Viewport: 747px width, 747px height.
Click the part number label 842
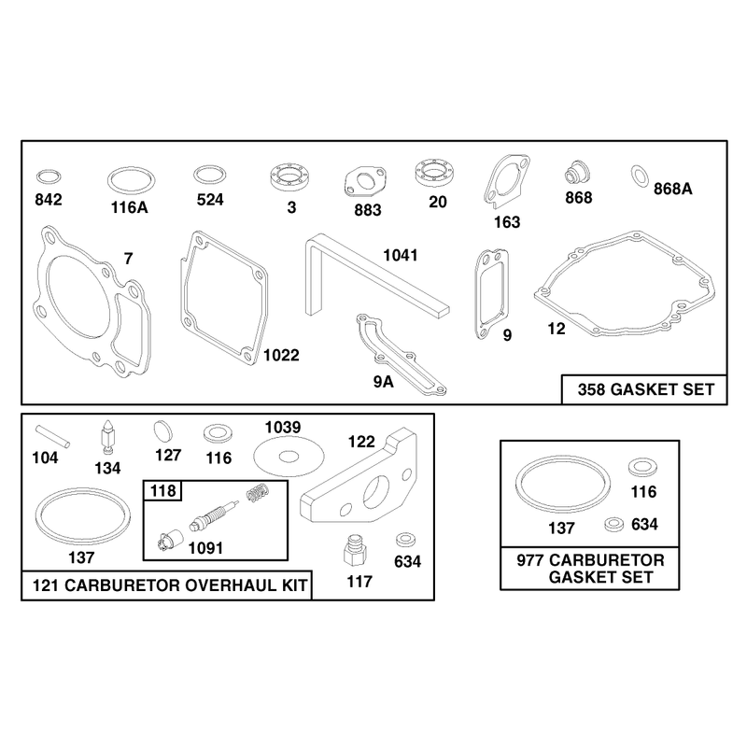tap(49, 199)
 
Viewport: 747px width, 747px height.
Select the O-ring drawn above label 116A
tap(132, 169)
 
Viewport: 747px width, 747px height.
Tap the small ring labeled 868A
tap(640, 176)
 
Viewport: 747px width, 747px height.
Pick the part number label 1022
tap(281, 355)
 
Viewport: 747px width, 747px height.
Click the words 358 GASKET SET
tap(646, 389)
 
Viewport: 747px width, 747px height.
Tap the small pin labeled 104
tap(53, 437)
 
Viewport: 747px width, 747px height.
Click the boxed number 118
tap(162, 491)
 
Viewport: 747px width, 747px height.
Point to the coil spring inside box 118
tap(259, 492)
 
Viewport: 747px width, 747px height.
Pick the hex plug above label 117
tap(355, 550)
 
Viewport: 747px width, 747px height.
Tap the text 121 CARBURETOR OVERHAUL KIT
tap(170, 585)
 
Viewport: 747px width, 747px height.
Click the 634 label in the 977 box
tap(644, 524)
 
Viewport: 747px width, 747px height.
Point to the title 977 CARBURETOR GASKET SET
tap(591, 569)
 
